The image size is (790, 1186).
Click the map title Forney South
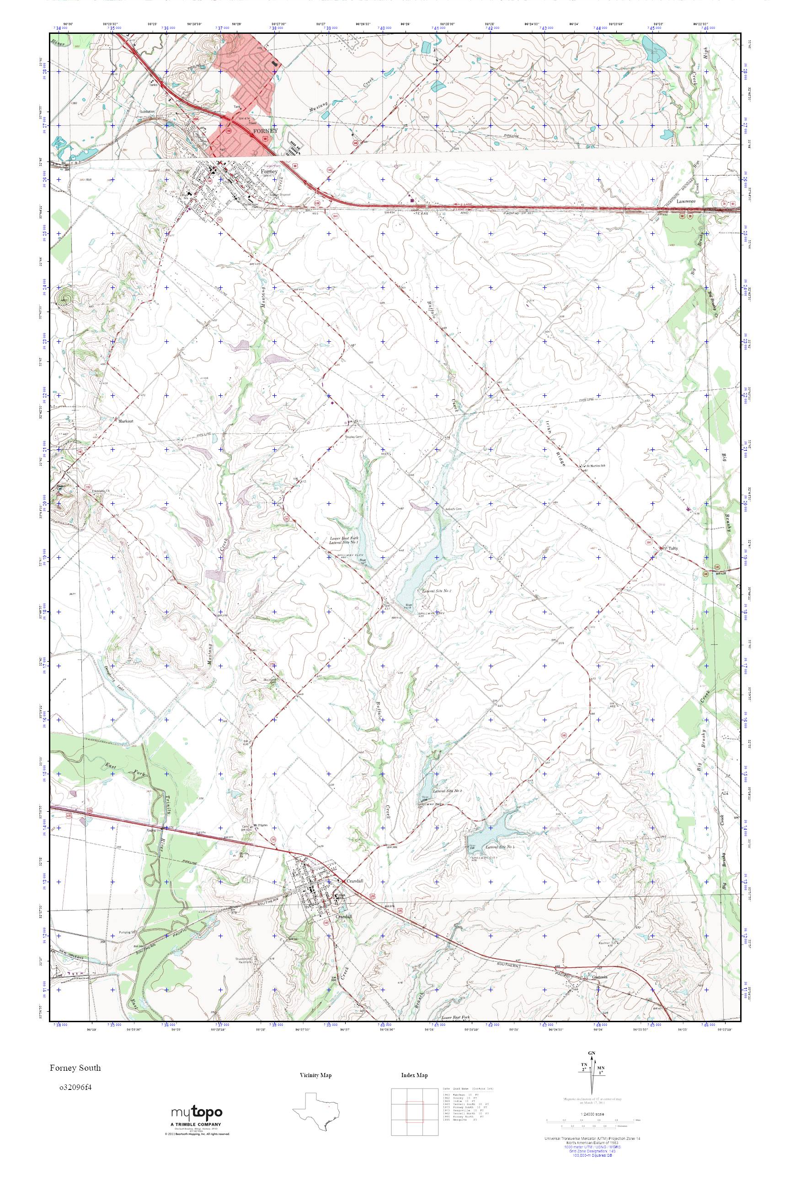75,1067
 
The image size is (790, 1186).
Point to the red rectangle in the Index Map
415,1113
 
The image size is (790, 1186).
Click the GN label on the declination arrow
592,1053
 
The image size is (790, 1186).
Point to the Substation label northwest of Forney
148,112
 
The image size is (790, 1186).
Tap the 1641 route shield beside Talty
650,544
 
